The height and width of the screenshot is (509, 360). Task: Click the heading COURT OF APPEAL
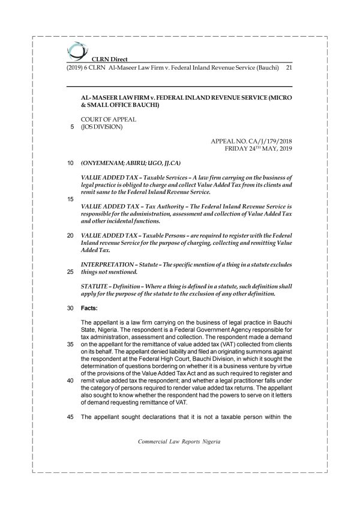(109, 119)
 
